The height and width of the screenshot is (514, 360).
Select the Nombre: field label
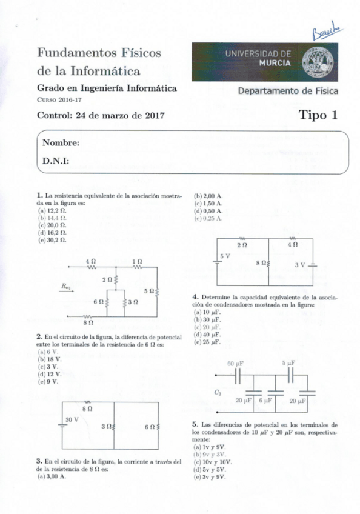point(61,143)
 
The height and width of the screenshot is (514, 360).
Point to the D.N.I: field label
point(55,161)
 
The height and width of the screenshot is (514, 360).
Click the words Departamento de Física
point(288,92)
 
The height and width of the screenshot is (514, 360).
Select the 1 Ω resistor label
point(137,261)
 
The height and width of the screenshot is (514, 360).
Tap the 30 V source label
point(72,419)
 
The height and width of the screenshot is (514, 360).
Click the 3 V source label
point(300,265)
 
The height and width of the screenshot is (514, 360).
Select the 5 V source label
point(225,256)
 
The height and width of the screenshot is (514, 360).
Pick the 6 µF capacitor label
point(264,401)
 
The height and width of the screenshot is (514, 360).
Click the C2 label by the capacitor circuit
point(218,392)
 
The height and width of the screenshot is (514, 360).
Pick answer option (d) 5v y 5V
point(210,469)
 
